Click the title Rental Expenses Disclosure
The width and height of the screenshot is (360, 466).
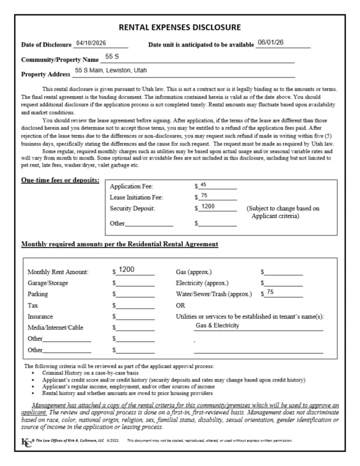click(179, 27)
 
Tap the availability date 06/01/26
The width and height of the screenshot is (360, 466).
click(270, 43)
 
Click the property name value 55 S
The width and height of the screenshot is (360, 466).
click(112, 57)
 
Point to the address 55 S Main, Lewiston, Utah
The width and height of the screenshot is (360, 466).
click(111, 70)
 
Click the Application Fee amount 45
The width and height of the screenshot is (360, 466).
click(203, 185)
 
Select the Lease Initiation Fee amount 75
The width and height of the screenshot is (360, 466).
click(204, 196)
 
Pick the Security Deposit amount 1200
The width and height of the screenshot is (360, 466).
click(208, 206)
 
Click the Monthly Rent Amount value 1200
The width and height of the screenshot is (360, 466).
click(126, 270)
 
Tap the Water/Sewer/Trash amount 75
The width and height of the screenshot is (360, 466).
click(270, 291)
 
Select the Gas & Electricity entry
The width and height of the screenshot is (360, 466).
click(217, 326)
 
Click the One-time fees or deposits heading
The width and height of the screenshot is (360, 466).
click(60, 181)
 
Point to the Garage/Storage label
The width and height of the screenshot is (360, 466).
click(48, 283)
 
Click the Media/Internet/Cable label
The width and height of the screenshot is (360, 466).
click(55, 327)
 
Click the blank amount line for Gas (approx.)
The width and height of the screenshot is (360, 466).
click(284, 273)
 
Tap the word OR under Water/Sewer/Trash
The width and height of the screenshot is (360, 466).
click(181, 305)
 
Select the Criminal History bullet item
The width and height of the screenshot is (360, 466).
click(90, 372)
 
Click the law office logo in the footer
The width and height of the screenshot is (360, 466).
click(27, 440)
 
